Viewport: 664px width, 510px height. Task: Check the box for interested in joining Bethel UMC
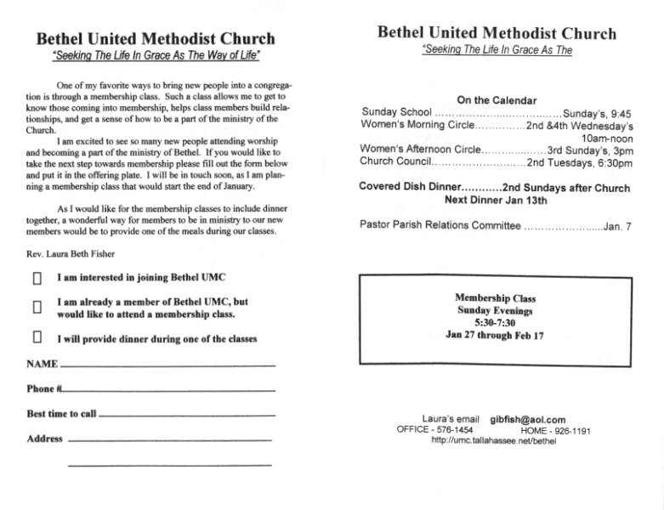(37, 278)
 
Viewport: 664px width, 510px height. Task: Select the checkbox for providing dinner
(37, 337)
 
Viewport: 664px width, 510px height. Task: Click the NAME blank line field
(167, 365)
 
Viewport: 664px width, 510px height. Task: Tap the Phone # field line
(169, 390)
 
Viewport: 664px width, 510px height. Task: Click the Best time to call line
(187, 415)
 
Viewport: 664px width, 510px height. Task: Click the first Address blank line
(169, 440)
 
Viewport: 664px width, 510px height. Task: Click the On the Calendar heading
(497, 99)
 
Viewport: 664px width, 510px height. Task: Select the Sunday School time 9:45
(617, 112)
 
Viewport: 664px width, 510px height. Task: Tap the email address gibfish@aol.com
(527, 420)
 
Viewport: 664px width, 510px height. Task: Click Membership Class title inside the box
(495, 299)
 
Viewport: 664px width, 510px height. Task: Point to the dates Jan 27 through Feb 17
(495, 335)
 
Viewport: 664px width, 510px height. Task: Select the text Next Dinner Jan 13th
(496, 201)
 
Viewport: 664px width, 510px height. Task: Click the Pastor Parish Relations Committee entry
(440, 225)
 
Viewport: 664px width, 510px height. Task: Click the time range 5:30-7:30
(495, 323)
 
